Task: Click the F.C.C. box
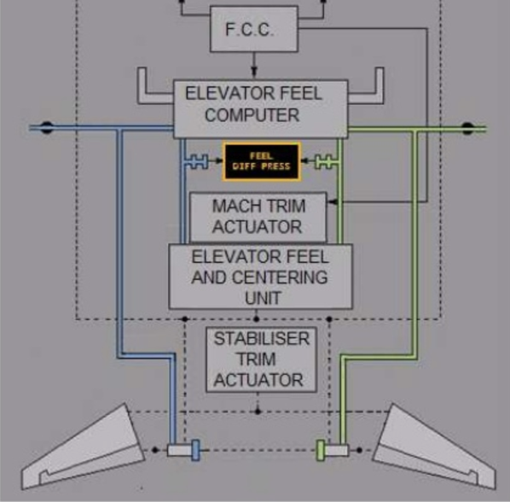(x=254, y=29)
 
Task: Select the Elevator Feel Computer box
(x=260, y=108)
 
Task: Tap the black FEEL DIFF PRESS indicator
(x=262, y=161)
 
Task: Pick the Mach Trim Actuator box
(x=258, y=217)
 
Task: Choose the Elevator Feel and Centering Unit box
(x=260, y=276)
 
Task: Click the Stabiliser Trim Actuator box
(x=261, y=359)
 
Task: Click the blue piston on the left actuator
(x=195, y=450)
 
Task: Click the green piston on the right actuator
(x=321, y=450)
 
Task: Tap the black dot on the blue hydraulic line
(x=47, y=127)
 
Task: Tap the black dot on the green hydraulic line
(x=467, y=128)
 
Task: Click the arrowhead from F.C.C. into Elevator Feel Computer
(x=253, y=72)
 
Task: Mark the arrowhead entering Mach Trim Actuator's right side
(x=333, y=202)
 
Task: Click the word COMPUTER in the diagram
(x=252, y=115)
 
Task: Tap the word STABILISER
(x=262, y=339)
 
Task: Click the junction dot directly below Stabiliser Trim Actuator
(x=258, y=412)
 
